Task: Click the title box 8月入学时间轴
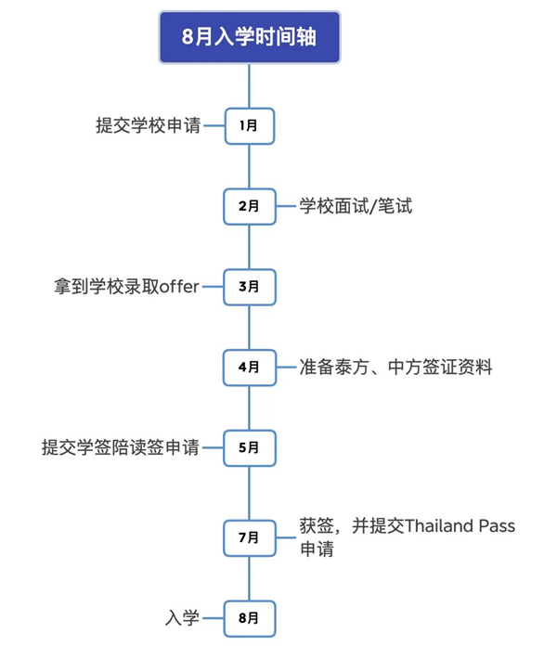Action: coord(249,38)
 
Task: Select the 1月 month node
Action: coord(249,125)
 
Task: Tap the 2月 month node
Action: coord(249,206)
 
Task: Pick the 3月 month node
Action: coord(249,287)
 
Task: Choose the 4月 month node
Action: coord(249,368)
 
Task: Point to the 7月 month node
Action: coord(249,537)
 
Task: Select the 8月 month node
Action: coord(249,617)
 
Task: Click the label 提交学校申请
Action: coord(148,125)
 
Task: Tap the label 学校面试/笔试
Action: coord(356,206)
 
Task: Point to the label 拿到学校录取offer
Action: coord(127,287)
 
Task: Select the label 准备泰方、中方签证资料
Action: coord(395,368)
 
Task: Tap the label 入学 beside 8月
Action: coord(182,617)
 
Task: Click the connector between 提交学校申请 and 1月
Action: coord(214,125)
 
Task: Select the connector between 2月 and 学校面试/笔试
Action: coord(285,206)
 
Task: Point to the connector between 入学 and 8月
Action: coord(214,617)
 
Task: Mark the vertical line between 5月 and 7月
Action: coord(249,492)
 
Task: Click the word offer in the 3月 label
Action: coord(179,287)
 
